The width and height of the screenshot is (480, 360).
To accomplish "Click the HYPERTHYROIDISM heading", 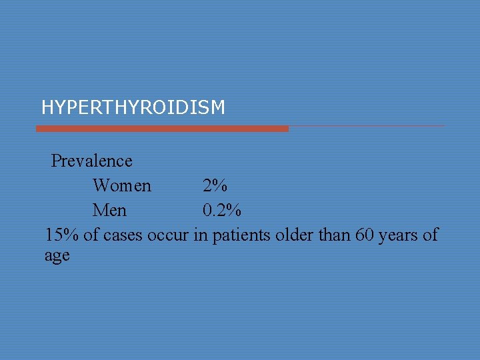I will click(x=133, y=107).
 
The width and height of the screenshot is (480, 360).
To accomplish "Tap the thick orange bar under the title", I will click(x=162, y=128).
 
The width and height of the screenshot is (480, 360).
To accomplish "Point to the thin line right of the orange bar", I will click(x=367, y=126).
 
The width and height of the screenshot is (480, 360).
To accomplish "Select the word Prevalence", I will click(x=92, y=161).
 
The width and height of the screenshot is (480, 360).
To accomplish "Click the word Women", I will click(x=122, y=186).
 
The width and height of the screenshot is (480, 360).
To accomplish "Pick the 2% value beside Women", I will click(x=215, y=186).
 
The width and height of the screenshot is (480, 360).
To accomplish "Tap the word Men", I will click(x=109, y=211).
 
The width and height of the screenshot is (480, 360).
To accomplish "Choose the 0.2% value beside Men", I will click(x=222, y=211).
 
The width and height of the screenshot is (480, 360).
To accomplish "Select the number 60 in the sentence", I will click(x=365, y=235).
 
